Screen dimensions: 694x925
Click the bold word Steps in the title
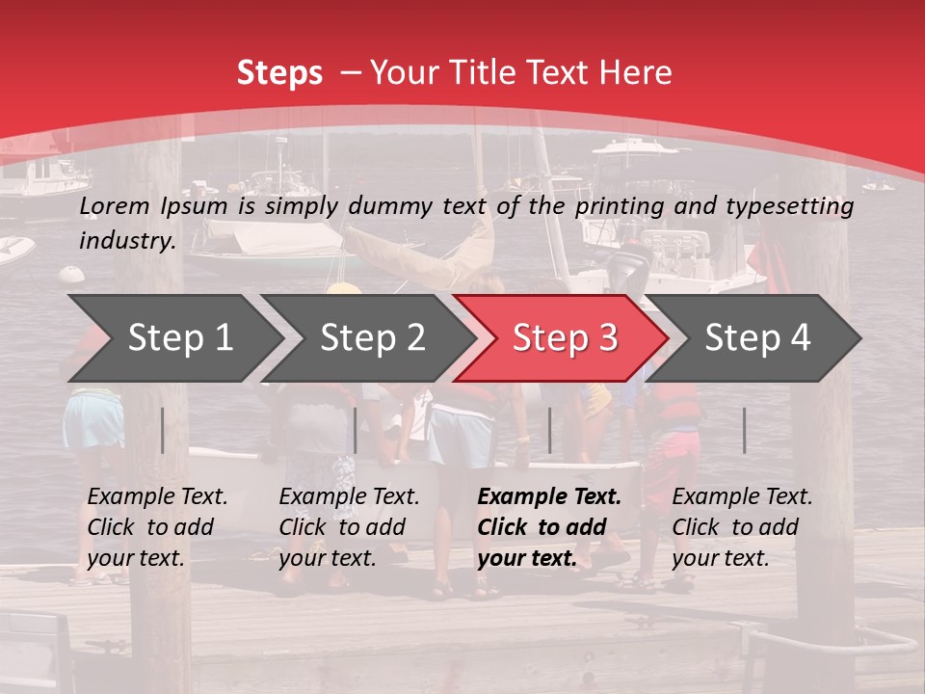point(279,73)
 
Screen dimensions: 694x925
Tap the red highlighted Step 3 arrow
point(565,337)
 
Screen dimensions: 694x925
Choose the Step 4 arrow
point(757,337)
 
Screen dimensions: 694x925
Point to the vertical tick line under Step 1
point(163,430)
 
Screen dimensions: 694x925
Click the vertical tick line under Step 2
point(356,430)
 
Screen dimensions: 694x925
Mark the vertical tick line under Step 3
point(549,430)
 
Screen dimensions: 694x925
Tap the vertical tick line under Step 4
point(744,430)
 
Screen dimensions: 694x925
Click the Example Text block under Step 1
point(157,527)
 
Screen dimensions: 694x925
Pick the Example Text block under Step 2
point(349,527)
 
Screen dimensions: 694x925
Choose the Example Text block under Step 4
point(742,527)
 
